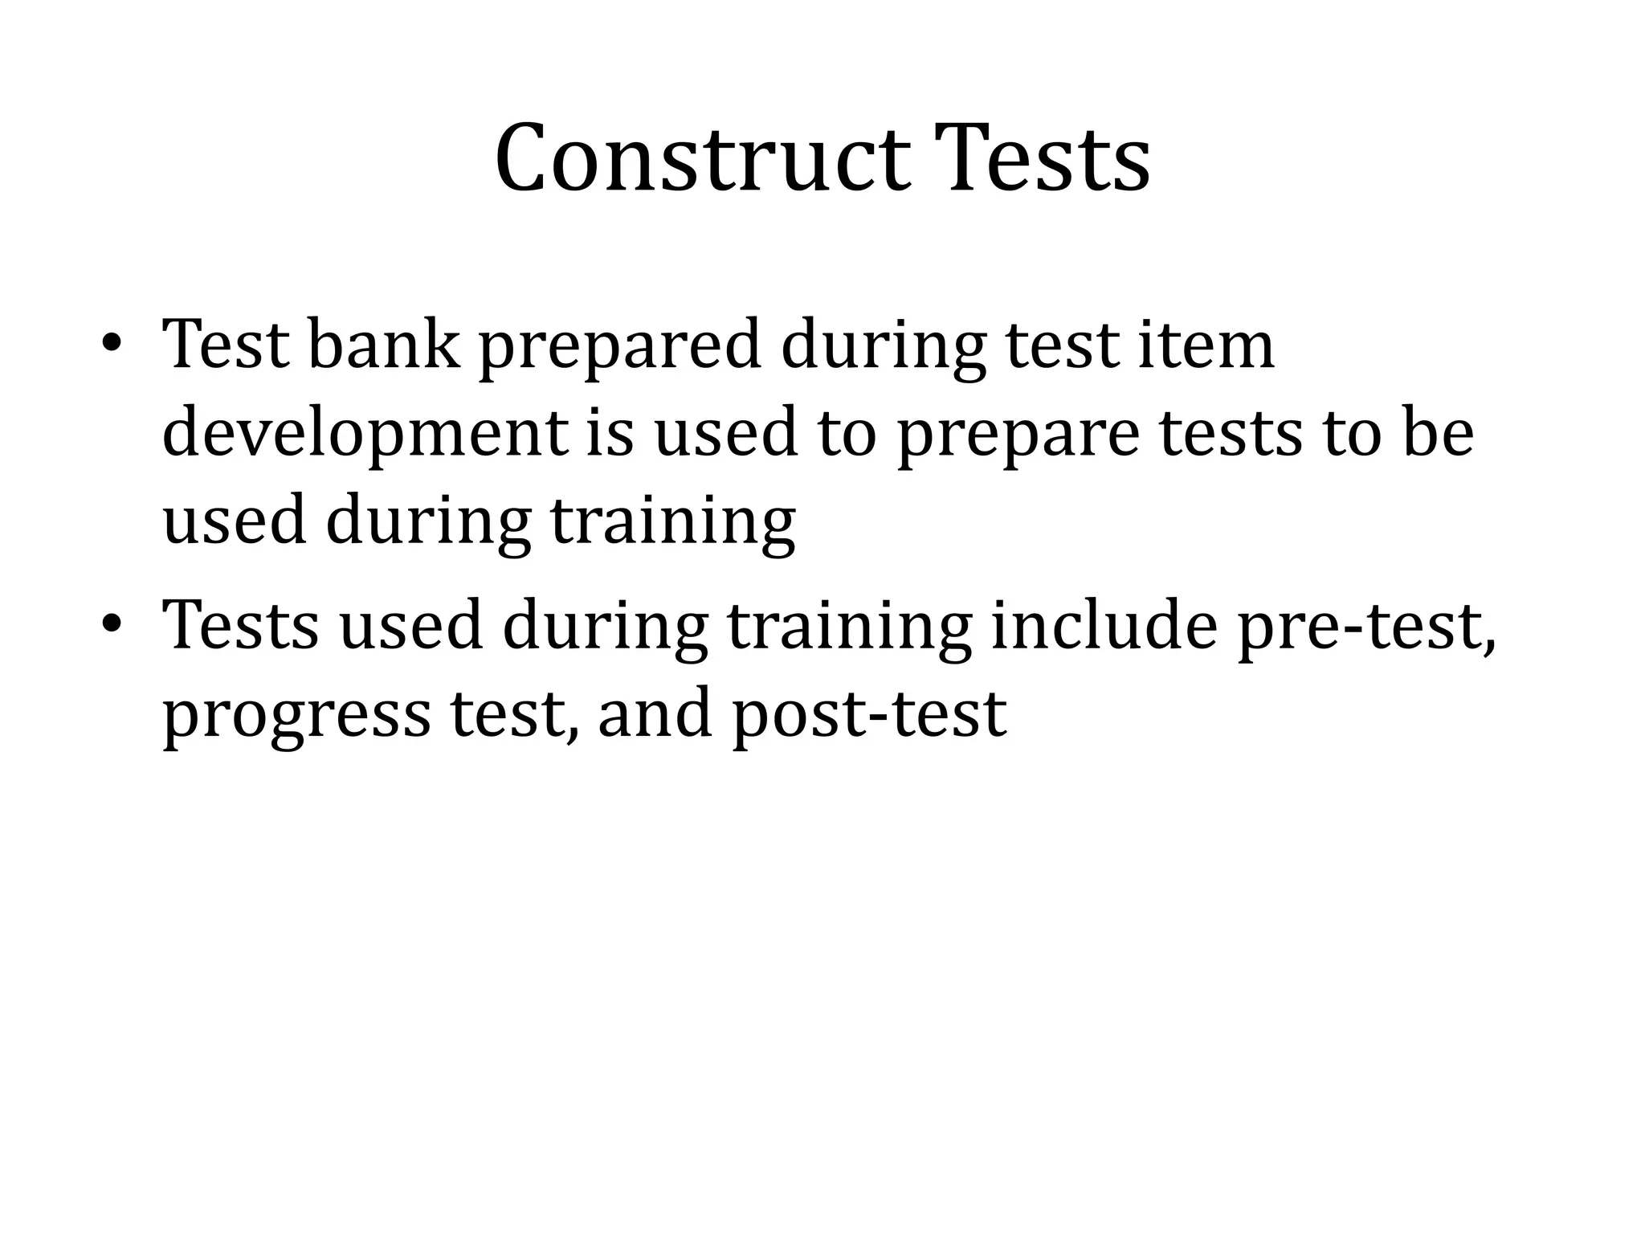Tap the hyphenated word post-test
pyautogui.click(x=870, y=714)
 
